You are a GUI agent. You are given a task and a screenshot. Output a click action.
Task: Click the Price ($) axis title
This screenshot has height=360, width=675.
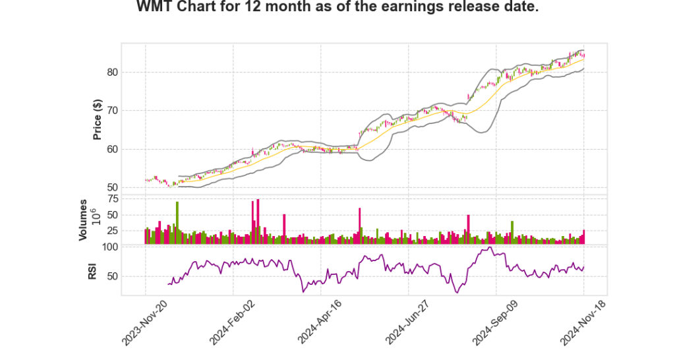pyautogui.click(x=98, y=120)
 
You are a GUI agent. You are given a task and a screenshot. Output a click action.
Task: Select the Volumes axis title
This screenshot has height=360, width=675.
pyautogui.click(x=83, y=220)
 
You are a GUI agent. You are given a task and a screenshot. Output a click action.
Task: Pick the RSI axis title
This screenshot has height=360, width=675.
pyautogui.click(x=92, y=270)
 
